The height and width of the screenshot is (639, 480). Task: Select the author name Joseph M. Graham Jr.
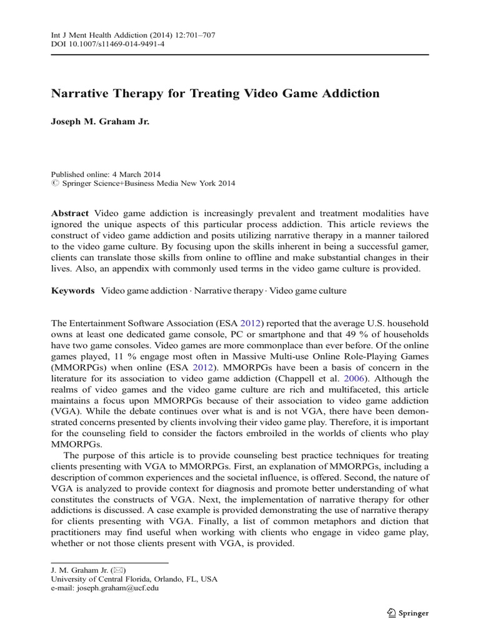click(x=100, y=122)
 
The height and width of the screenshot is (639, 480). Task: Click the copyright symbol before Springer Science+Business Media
click(x=54, y=183)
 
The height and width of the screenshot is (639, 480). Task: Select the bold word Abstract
click(x=70, y=213)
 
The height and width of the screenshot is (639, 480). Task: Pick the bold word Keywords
click(x=72, y=291)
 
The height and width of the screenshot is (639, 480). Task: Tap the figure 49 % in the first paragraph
click(x=368, y=334)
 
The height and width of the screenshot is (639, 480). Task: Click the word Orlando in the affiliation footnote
click(x=161, y=578)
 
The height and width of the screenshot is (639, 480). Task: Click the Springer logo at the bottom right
click(x=406, y=613)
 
